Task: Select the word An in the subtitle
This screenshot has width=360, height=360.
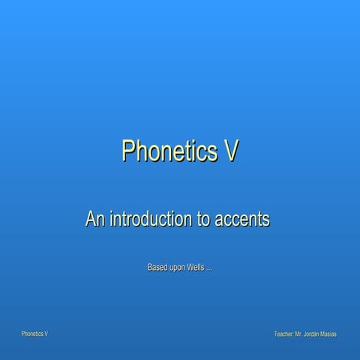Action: [95, 220]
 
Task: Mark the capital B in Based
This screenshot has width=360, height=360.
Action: [150, 267]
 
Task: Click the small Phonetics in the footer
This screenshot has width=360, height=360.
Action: [32, 333]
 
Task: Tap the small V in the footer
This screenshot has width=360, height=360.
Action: [46, 333]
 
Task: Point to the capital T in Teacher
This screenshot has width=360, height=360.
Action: [277, 333]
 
